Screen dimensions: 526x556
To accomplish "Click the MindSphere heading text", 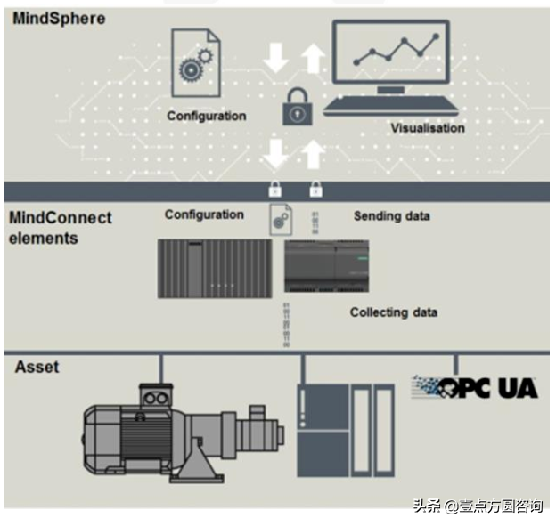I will (59, 17).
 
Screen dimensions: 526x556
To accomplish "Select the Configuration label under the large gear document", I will (207, 116).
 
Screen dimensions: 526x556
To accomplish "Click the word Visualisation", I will (428, 128).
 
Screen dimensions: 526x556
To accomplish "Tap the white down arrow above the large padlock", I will (276, 58).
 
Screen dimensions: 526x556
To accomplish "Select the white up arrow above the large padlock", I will (313, 58).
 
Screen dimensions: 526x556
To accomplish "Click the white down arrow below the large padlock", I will (276, 155).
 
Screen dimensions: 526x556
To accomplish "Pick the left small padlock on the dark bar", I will (276, 189).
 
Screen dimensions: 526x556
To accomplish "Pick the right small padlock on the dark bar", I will (315, 189).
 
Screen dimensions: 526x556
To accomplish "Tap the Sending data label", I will (392, 216).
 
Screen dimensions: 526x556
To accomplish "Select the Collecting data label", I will (394, 312).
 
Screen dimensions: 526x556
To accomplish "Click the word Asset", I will (37, 366).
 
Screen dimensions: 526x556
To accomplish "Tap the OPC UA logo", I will (474, 387).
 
